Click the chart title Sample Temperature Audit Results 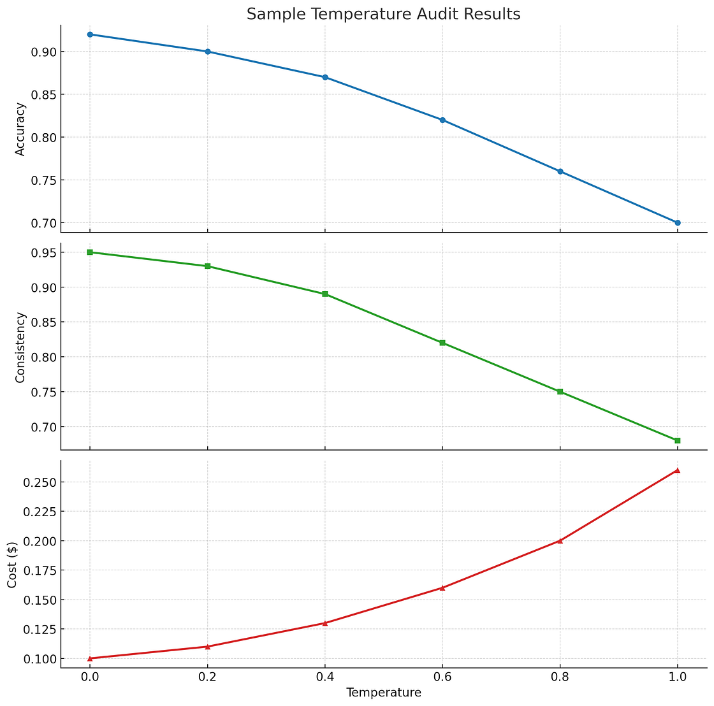tap(383, 14)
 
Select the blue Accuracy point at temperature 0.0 tap(90, 34)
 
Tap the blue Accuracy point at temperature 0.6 tap(442, 120)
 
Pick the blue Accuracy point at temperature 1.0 tap(677, 222)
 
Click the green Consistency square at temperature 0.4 tap(325, 294)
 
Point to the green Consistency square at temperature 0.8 tap(560, 391)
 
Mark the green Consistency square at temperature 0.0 tap(90, 252)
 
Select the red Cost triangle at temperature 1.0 tap(677, 470)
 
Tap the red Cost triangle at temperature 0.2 tap(207, 646)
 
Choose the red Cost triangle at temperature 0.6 tap(442, 587)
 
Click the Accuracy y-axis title tap(20, 129)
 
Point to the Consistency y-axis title tap(20, 347)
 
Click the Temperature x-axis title tap(383, 693)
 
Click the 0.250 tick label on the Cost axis tap(39, 482)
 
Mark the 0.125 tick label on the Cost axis tap(39, 630)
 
